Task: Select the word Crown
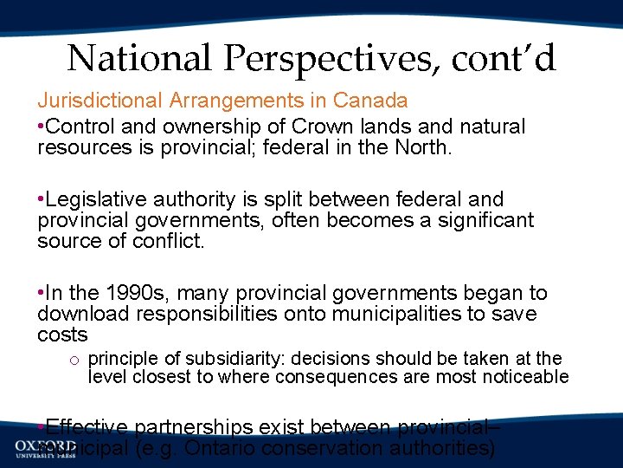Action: [299, 127]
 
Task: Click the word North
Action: [421, 147]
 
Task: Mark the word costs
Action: [62, 335]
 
